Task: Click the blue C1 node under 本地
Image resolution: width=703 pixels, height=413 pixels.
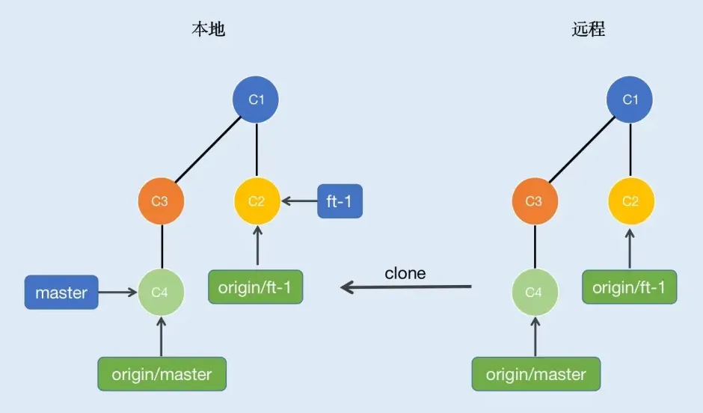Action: tap(257, 100)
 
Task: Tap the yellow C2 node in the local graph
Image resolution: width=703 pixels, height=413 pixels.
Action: tap(257, 201)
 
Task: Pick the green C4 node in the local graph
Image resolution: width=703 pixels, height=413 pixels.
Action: tap(161, 293)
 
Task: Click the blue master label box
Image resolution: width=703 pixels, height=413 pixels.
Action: tap(61, 293)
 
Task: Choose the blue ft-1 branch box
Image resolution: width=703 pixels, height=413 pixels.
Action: tap(340, 201)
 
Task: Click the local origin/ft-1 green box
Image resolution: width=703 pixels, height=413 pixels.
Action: tap(256, 287)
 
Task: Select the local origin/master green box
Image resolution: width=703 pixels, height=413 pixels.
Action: tap(162, 374)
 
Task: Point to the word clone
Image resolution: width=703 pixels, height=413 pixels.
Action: tap(405, 273)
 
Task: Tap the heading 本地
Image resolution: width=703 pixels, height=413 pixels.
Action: tap(209, 29)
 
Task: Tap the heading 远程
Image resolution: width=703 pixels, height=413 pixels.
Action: tap(589, 29)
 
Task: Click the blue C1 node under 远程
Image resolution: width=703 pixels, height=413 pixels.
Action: tap(630, 100)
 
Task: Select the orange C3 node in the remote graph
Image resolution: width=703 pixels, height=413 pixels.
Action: tap(535, 201)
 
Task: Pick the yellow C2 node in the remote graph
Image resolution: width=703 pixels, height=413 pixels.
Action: tap(630, 201)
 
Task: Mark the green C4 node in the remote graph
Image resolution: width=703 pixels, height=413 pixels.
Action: tap(535, 293)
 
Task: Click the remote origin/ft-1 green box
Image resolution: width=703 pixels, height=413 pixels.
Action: tap(630, 287)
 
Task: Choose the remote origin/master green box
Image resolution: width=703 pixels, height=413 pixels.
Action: tap(535, 374)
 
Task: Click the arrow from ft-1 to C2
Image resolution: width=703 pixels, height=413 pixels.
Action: tap(299, 201)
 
